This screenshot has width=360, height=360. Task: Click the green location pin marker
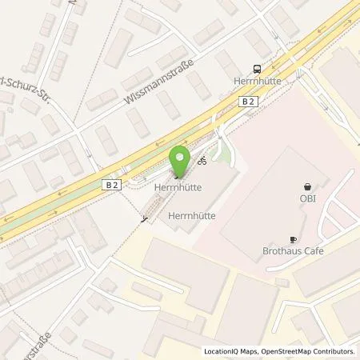[180, 161]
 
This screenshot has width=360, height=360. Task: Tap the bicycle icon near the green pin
[203, 160]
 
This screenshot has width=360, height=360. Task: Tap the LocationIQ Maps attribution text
[233, 351]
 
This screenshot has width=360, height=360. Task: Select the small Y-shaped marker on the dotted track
[144, 218]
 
